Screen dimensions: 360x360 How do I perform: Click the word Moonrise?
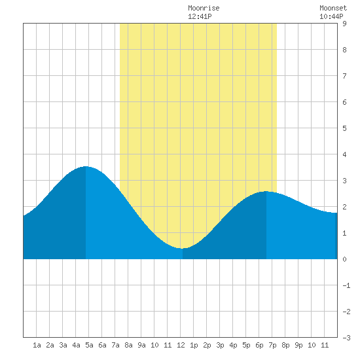[204, 8]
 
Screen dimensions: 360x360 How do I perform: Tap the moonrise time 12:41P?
[200, 16]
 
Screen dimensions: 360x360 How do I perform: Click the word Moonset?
[333, 8]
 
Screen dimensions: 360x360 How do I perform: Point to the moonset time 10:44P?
[331, 16]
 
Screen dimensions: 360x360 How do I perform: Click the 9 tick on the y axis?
[344, 24]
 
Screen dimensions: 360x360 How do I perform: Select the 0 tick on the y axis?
[344, 259]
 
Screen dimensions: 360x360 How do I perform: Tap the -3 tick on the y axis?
[346, 338]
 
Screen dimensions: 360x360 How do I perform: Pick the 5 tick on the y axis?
[344, 128]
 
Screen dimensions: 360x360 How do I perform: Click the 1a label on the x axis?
[37, 345]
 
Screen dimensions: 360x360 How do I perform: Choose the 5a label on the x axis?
[89, 345]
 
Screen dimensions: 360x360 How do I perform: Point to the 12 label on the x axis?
[181, 345]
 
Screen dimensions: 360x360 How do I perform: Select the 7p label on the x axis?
[272, 345]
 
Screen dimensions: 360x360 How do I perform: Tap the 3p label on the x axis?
[220, 345]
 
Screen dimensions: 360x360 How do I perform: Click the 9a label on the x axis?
[141, 345]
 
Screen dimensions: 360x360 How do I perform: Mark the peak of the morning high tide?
[86, 166]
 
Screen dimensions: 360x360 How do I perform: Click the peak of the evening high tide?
[266, 191]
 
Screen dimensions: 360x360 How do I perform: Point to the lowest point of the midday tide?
[182, 249]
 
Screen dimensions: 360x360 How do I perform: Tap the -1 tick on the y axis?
[346, 285]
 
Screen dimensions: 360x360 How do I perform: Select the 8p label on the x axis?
[285, 345]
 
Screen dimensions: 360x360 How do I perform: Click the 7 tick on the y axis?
[344, 76]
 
